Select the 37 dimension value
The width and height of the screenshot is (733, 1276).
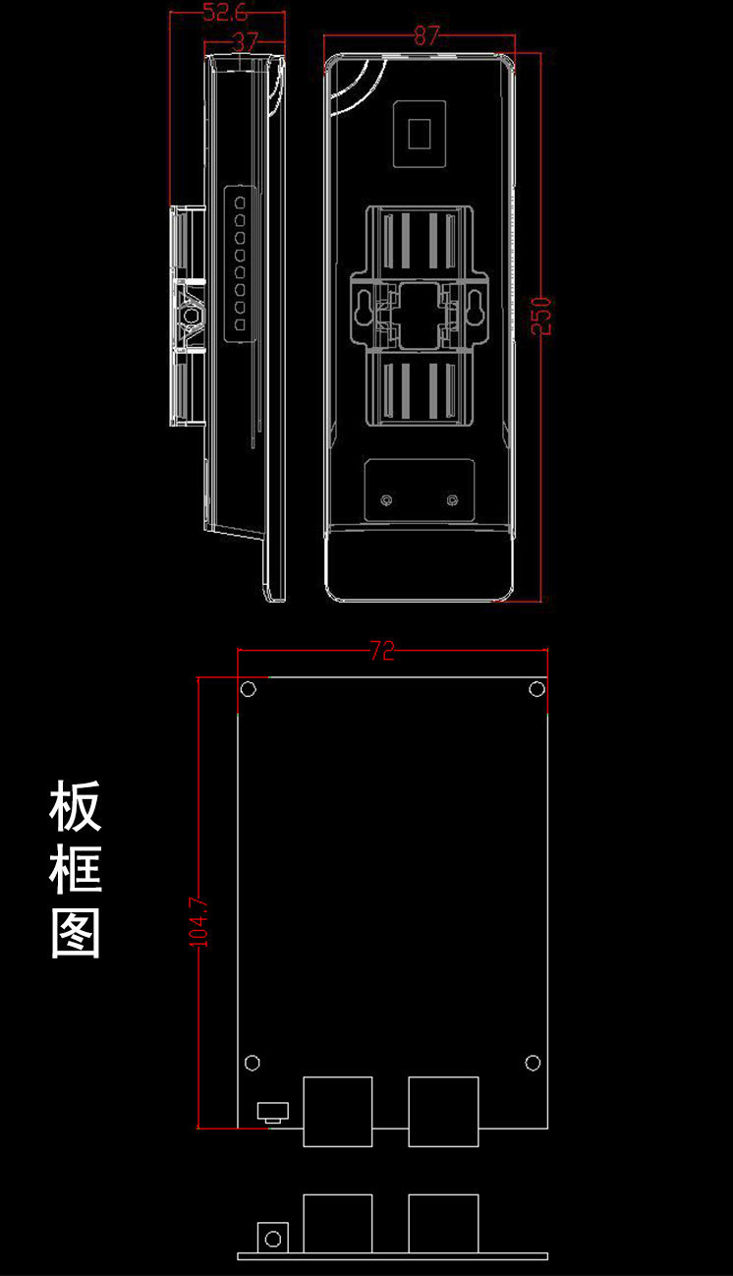(x=243, y=41)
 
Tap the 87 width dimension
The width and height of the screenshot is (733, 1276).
(x=425, y=36)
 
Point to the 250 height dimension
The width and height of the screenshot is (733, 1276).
(x=541, y=316)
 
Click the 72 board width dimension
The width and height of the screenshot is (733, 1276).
(x=382, y=650)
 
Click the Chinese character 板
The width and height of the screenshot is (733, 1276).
(x=76, y=806)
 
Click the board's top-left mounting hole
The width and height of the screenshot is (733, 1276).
(x=249, y=688)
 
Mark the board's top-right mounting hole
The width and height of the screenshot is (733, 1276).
(x=536, y=688)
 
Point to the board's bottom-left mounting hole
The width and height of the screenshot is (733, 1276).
(x=252, y=1062)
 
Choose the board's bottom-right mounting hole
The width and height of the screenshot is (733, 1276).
(x=534, y=1062)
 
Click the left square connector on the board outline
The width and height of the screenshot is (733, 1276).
(x=338, y=1111)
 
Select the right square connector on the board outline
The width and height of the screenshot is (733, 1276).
(x=444, y=1111)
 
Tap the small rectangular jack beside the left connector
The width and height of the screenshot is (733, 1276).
(x=271, y=1112)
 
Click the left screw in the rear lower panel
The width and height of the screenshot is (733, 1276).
(x=387, y=501)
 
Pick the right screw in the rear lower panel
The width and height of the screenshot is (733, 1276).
(x=452, y=501)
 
